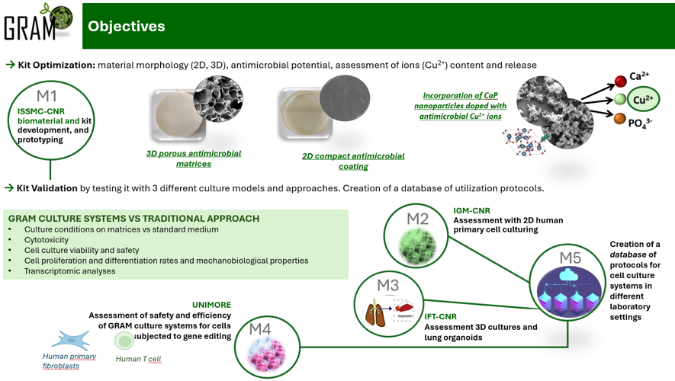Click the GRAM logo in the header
click(38, 24)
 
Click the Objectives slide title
click(127, 26)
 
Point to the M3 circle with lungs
click(387, 305)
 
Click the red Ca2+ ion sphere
click(621, 81)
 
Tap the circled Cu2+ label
click(644, 100)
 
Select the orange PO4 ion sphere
click(620, 120)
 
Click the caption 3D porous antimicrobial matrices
click(193, 158)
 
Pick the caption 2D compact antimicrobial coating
click(353, 161)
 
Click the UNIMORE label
click(211, 305)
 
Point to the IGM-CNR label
click(471, 210)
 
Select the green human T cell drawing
click(124, 341)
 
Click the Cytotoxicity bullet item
click(47, 239)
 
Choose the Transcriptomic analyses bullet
click(69, 271)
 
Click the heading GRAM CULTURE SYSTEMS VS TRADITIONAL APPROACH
click(133, 219)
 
